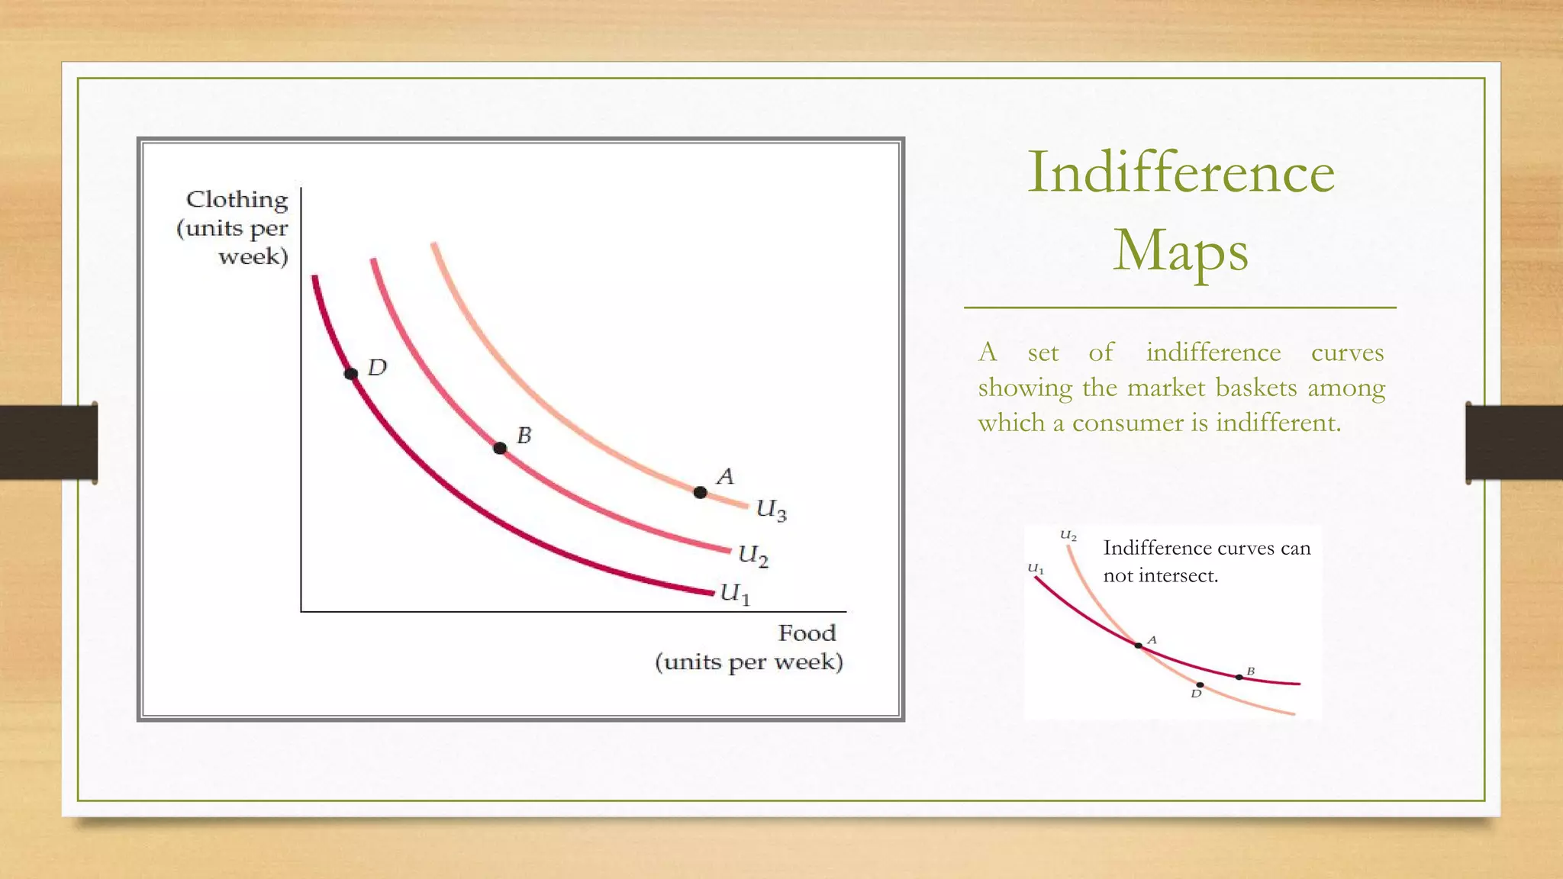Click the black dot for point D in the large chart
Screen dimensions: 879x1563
click(351, 374)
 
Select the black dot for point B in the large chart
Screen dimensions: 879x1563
click(500, 448)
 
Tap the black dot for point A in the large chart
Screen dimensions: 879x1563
click(700, 492)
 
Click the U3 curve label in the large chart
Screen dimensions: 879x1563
click(771, 510)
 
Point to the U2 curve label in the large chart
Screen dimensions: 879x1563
click(752, 555)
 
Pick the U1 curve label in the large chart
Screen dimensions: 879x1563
click(735, 594)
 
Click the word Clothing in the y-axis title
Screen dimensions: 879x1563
click(237, 200)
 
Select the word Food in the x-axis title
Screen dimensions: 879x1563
click(807, 633)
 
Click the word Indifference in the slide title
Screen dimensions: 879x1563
click(1181, 172)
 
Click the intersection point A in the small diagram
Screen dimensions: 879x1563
click(1138, 646)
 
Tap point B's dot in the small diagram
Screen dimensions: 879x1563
click(1239, 677)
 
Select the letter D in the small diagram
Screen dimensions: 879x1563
click(1196, 694)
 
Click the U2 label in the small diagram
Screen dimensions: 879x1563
click(1068, 536)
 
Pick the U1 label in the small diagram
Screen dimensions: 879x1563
click(1036, 568)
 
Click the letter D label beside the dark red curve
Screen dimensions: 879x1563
click(377, 369)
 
